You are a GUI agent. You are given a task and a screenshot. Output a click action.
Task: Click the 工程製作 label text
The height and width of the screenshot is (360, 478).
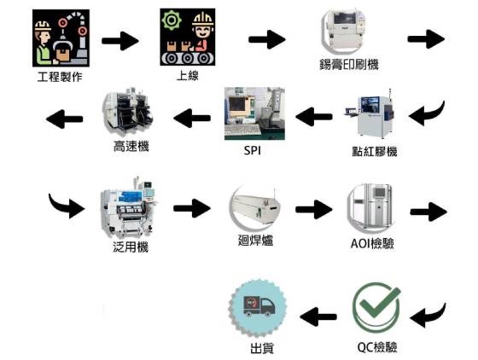pyautogui.click(x=60, y=77)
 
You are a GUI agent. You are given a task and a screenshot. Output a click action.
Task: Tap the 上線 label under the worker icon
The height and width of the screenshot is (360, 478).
pyautogui.click(x=188, y=75)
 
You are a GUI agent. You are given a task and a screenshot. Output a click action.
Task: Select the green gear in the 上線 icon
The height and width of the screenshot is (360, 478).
pyautogui.click(x=172, y=20)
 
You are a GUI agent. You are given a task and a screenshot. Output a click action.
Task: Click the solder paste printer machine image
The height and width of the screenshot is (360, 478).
pyautogui.click(x=344, y=31)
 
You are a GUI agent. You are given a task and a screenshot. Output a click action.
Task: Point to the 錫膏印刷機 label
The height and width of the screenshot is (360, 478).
pyautogui.click(x=349, y=65)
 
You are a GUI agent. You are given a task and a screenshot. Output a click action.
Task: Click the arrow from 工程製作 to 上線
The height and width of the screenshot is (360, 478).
pyautogui.click(x=120, y=41)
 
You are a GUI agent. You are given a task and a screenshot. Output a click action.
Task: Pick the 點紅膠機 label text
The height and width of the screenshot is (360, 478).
pyautogui.click(x=375, y=151)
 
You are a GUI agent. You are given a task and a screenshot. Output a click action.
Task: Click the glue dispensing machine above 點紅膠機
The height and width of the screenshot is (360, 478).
pyautogui.click(x=370, y=114)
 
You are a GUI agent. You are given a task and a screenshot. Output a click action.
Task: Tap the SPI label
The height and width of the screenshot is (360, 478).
pyautogui.click(x=253, y=150)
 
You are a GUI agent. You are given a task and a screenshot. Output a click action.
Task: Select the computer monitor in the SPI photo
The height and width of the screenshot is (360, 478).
pyautogui.click(x=238, y=107)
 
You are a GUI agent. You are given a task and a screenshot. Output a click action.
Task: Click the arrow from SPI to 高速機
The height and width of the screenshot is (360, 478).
pyautogui.click(x=192, y=118)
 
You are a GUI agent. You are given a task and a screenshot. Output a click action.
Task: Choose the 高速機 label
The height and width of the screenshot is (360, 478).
pyautogui.click(x=131, y=147)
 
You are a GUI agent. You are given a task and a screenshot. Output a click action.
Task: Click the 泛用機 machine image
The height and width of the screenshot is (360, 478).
pyautogui.click(x=129, y=208)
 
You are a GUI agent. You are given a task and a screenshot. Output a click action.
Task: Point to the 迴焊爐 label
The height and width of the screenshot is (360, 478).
pyautogui.click(x=255, y=241)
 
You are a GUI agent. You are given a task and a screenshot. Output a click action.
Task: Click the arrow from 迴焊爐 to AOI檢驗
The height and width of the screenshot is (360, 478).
pyautogui.click(x=314, y=209)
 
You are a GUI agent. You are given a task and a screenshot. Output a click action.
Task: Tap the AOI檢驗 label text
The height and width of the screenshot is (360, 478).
pyautogui.click(x=372, y=243)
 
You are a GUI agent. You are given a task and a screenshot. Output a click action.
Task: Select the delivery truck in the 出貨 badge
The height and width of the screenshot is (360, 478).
pyautogui.click(x=259, y=305)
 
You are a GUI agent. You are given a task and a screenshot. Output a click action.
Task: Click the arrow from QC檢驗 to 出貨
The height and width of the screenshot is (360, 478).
pyautogui.click(x=318, y=316)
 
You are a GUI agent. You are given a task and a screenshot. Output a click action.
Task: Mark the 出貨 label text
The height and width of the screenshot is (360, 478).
pyautogui.click(x=262, y=348)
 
